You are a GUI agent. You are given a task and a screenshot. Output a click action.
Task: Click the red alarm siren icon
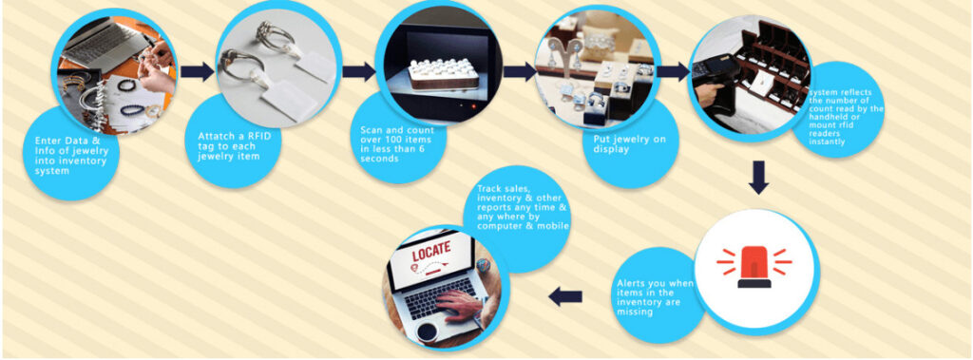pos(754,267)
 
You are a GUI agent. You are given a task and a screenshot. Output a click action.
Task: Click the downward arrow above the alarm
pos(758,178)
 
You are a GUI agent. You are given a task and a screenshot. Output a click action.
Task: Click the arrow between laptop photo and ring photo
pos(198,71)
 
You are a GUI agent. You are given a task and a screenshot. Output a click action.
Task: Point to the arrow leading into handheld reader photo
pos(673,71)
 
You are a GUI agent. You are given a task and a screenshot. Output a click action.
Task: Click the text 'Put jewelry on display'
pos(621,144)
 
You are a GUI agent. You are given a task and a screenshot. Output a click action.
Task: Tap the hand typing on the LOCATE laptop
pos(463,304)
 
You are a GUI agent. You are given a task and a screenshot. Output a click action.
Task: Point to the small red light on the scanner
pos(474,106)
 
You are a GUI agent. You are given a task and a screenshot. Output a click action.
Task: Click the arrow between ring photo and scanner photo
pos(358,71)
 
